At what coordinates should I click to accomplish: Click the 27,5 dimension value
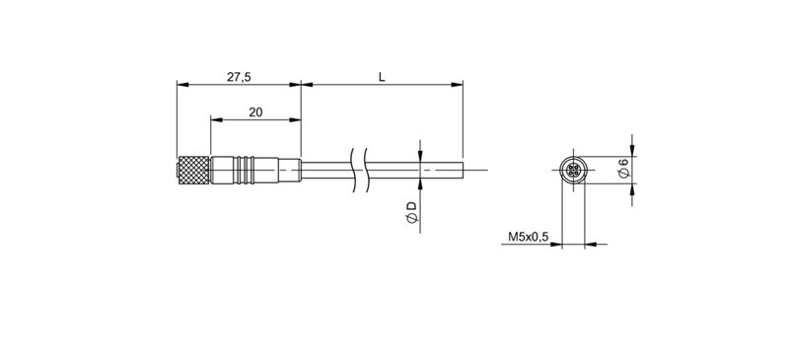click(237, 75)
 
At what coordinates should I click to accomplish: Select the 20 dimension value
click(255, 112)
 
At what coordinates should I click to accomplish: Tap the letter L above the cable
click(382, 75)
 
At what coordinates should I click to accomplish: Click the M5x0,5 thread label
click(528, 238)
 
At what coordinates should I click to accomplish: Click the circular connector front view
click(573, 171)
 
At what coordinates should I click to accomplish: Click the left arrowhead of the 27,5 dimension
click(180, 85)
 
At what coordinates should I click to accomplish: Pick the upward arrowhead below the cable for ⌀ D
click(420, 185)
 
